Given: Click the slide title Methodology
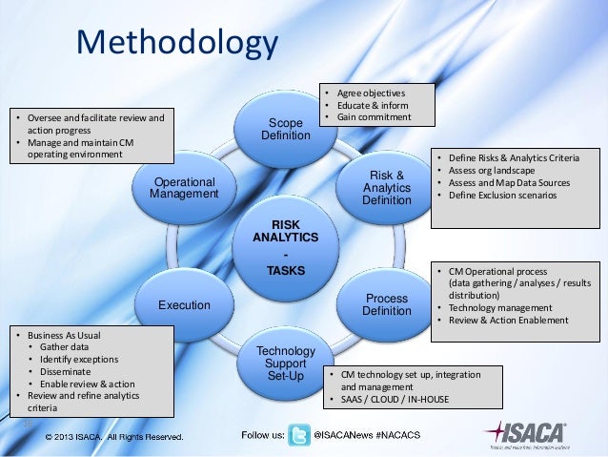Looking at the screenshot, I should (176, 44).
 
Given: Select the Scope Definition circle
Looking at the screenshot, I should (285, 130).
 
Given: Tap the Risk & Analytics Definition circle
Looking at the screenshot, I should (386, 187).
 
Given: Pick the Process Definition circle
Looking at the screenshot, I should (387, 304).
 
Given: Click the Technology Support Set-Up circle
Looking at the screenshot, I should (285, 363).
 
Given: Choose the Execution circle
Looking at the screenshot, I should (185, 305).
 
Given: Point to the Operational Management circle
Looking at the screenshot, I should (184, 187).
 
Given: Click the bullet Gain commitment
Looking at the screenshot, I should (374, 117).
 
